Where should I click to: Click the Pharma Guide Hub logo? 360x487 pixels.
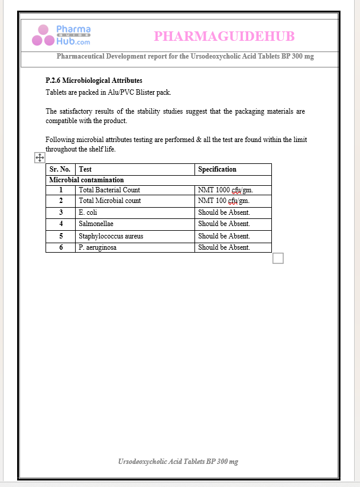[61, 36]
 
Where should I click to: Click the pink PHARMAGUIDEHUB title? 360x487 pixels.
[224, 37]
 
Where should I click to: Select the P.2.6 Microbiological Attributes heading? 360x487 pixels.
[94, 80]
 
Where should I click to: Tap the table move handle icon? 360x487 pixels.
[40, 157]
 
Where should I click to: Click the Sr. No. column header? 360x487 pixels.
[60, 169]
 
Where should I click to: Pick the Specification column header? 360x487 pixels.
[217, 169]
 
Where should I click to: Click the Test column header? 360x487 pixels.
[85, 169]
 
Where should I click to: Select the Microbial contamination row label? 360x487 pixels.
[86, 180]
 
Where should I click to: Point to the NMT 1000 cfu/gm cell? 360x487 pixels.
[228, 190]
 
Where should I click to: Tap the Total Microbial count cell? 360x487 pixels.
[109, 201]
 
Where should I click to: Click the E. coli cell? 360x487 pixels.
[89, 212]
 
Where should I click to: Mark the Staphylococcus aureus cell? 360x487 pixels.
[111, 236]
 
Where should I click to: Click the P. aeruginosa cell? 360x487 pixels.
[97, 247]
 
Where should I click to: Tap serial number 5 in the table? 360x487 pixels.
[61, 236]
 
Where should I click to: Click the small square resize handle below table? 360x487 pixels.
[278, 258]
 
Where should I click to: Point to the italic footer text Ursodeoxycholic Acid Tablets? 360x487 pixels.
[178, 461]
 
